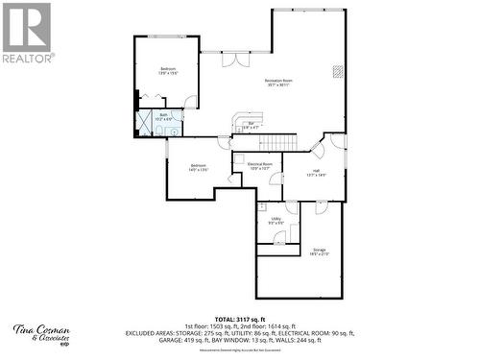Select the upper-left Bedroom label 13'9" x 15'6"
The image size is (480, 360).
168,70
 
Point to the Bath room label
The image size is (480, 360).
164,116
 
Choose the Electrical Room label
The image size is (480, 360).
260,166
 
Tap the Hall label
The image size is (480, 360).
316,174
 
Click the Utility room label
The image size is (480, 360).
276,220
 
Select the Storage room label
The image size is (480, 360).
319,252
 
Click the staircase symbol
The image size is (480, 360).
279,143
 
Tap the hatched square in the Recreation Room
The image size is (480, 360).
336,70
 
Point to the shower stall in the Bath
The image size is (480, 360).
145,123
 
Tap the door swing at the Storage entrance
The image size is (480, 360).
321,206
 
